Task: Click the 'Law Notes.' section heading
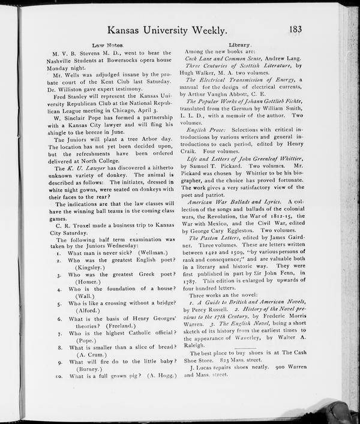(x=108, y=45)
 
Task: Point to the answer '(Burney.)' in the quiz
(x=85, y=369)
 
